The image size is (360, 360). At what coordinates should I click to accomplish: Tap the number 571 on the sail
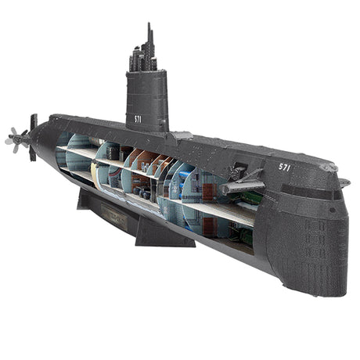click(x=137, y=118)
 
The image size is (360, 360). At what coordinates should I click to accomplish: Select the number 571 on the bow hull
click(x=285, y=166)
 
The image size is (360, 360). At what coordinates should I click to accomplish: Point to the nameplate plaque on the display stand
click(x=114, y=219)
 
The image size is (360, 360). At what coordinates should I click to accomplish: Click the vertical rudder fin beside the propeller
click(x=33, y=137)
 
